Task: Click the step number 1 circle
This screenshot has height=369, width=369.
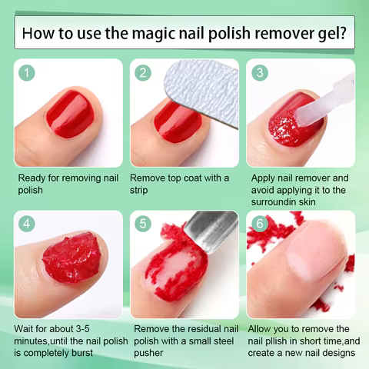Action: coord(28,73)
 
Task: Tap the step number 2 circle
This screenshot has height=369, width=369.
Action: coord(143,73)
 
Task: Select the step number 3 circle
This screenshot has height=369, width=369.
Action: coord(260,73)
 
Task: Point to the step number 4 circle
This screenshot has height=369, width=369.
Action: coord(28,224)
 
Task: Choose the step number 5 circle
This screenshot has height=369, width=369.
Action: coord(143,224)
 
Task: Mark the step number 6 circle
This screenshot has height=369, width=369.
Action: coord(260,224)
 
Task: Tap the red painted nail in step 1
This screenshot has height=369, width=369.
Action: coord(70,113)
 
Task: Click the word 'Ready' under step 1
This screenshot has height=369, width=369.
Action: coord(34,178)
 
